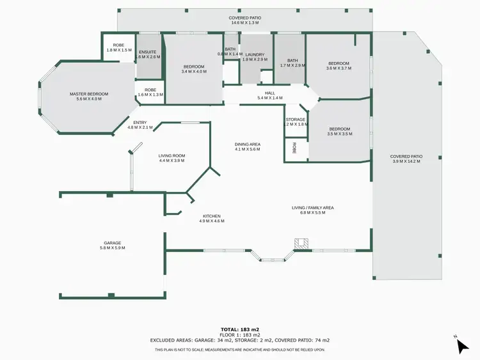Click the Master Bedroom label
click(88, 94)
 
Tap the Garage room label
click(113, 243)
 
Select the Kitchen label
click(212, 216)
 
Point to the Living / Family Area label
click(313, 208)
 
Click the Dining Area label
click(247, 144)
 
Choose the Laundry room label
click(255, 54)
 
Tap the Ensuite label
click(148, 52)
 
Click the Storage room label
click(296, 120)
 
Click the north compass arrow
click(462, 346)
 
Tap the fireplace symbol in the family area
click(301, 243)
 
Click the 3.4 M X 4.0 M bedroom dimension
click(194, 72)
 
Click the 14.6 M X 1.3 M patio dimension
click(245, 22)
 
